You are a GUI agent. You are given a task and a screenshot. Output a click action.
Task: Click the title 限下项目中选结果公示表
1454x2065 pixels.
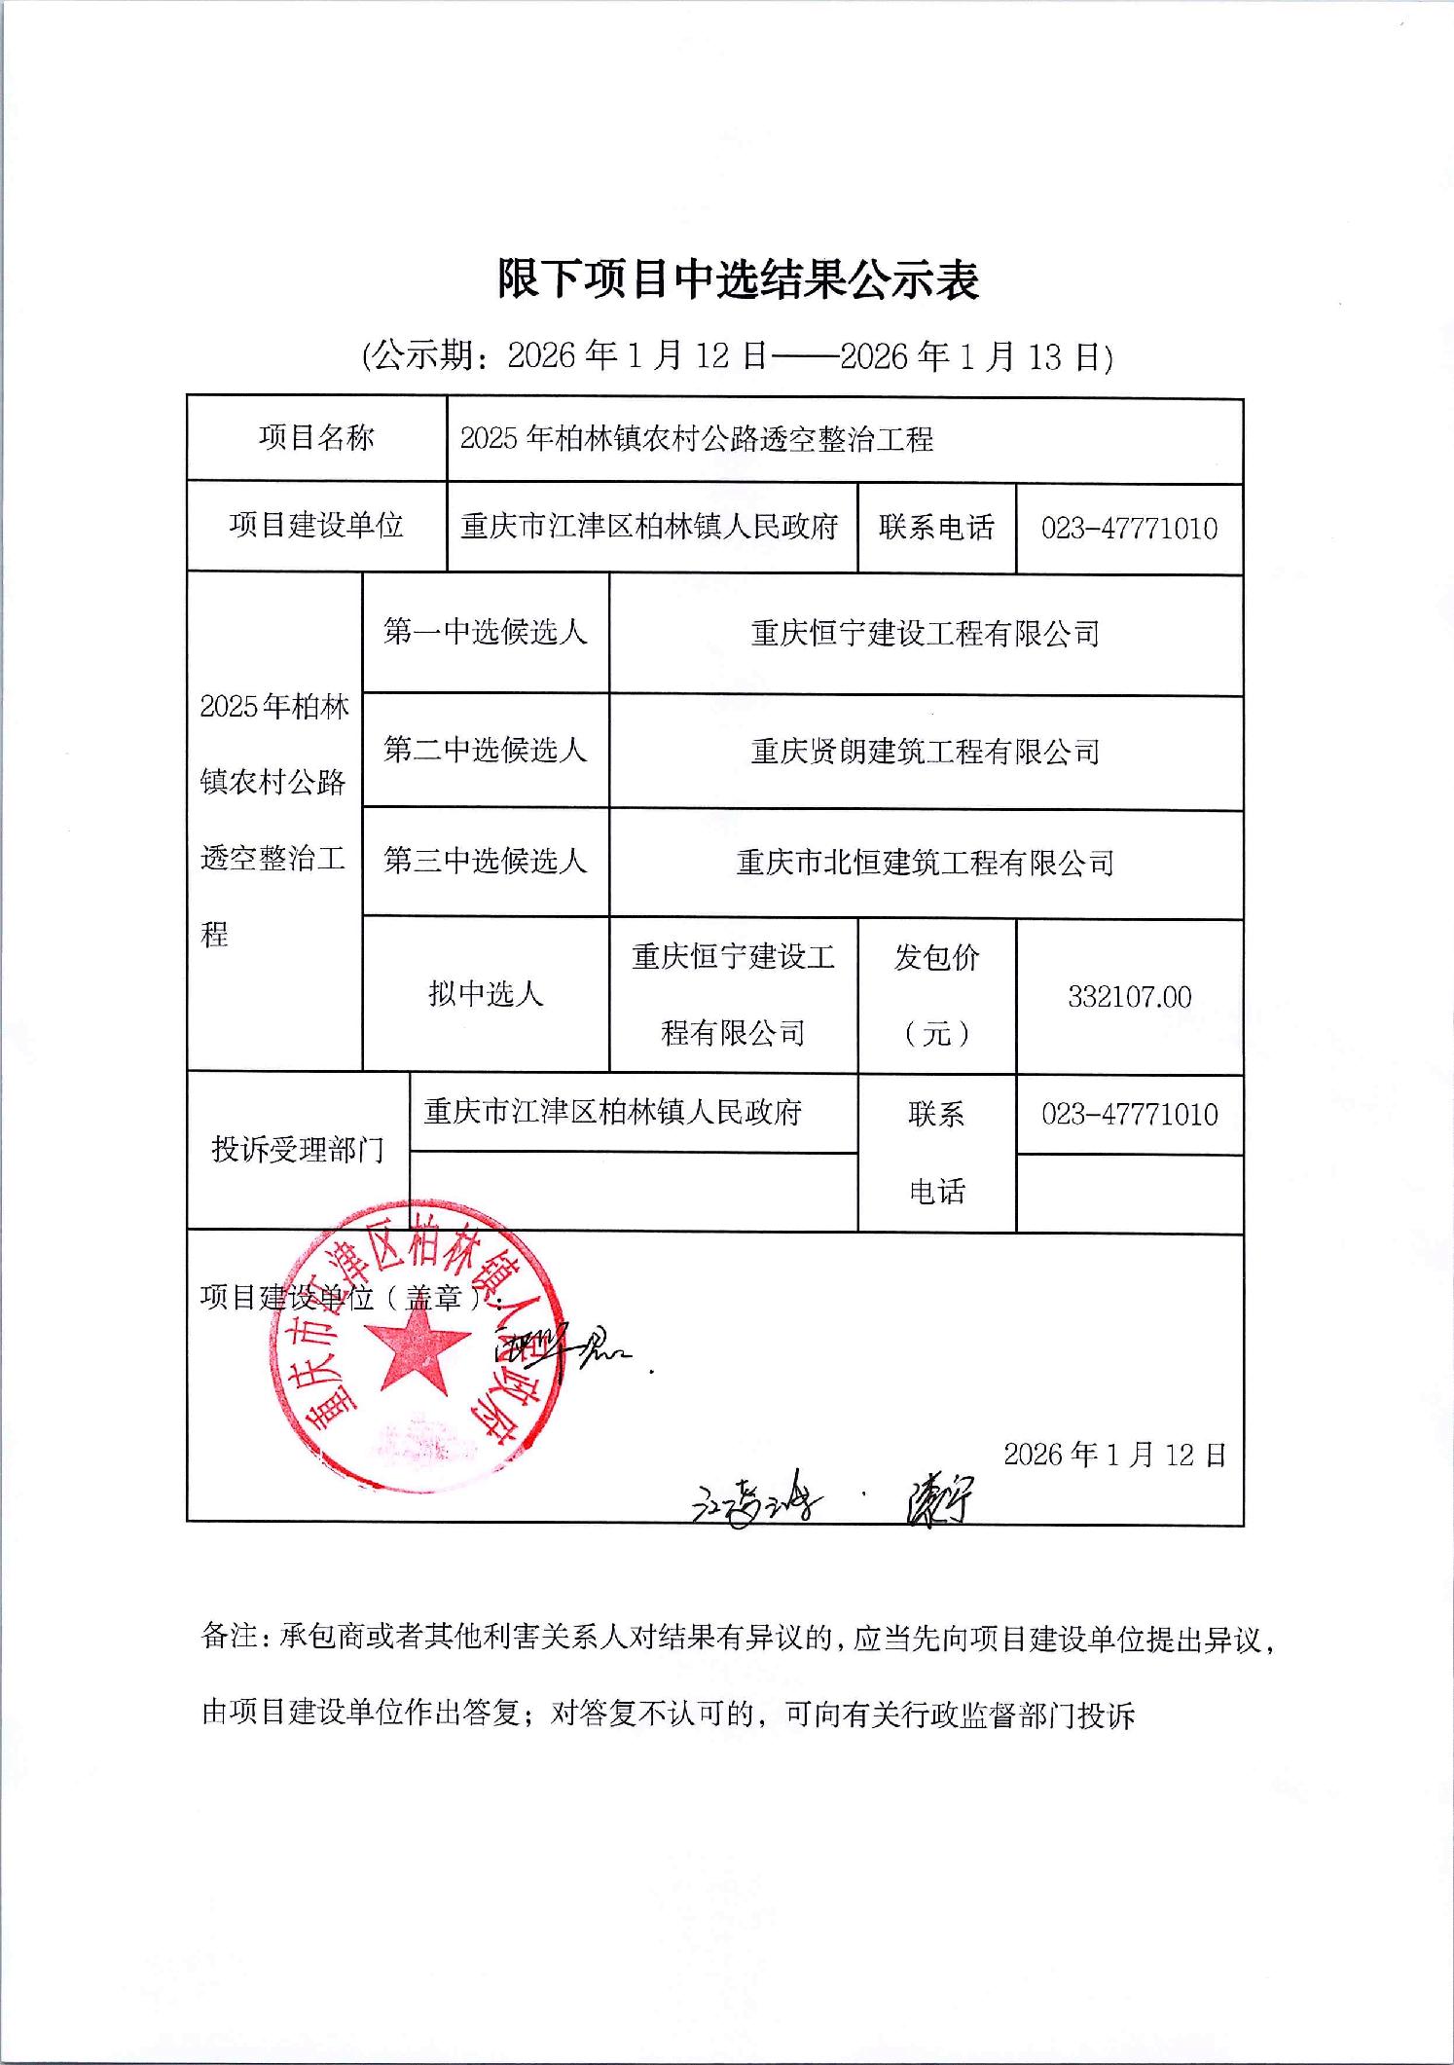738,280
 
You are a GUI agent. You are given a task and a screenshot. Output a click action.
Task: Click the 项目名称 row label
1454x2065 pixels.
316,438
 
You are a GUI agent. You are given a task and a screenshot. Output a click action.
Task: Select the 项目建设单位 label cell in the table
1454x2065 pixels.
316,526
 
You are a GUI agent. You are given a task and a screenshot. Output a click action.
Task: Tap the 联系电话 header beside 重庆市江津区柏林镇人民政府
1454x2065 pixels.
936,528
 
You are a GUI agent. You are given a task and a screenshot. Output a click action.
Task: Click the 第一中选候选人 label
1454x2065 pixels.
485,633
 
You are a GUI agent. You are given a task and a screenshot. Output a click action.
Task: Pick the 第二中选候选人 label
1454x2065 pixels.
485,750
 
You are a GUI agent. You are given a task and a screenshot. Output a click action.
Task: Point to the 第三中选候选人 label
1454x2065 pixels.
485,861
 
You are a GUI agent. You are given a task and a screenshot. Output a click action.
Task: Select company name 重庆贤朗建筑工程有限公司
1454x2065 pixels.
925,752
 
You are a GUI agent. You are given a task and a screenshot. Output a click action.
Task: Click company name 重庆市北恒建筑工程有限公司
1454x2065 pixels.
925,863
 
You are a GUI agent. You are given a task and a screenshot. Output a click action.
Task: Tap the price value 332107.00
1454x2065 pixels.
1129,997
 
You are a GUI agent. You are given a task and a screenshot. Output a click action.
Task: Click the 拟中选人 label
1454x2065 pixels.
485,994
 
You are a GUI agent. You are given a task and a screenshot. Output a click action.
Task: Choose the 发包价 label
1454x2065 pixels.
936,959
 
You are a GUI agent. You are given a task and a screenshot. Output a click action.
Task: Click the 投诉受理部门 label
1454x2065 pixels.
298,1150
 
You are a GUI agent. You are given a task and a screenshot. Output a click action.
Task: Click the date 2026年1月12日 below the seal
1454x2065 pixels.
1114,1455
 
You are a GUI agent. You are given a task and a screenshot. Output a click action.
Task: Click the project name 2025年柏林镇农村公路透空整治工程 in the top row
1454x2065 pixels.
696,439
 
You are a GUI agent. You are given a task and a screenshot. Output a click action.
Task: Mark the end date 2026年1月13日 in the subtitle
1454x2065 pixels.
975,356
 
